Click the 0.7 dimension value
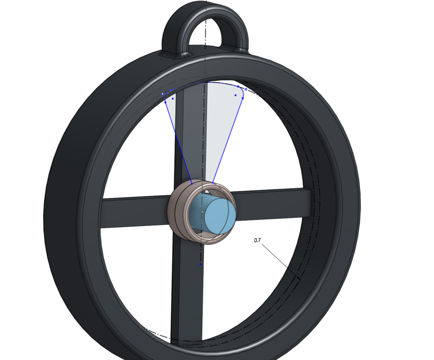pos(257,240)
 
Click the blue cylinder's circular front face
pos(220,215)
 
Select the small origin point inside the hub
pos(202,211)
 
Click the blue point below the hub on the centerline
pos(200,264)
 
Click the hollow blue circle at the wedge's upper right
pos(246,89)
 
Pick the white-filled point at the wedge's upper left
pos(163,94)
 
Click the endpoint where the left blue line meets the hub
pos(192,184)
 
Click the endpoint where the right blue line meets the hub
pos(213,183)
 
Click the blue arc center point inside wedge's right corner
pos(235,95)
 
